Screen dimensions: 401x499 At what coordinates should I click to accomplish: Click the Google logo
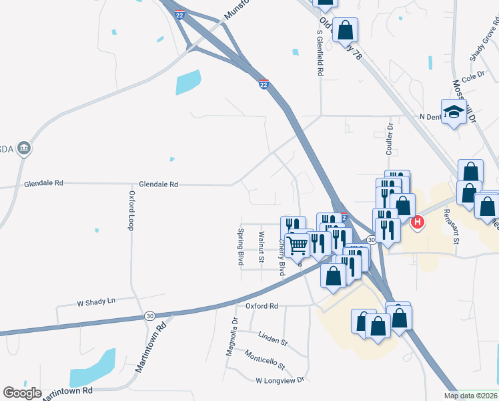(22, 393)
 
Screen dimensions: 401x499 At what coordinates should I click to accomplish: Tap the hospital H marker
(418, 222)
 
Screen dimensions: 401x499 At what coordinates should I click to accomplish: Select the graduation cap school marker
(453, 111)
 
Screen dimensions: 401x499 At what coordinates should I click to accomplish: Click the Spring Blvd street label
(240, 247)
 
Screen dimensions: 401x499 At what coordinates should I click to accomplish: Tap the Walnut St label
(262, 247)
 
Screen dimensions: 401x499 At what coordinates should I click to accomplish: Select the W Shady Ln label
(97, 301)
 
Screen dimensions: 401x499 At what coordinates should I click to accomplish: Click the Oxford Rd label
(261, 306)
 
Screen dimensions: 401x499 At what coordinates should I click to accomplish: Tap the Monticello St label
(264, 360)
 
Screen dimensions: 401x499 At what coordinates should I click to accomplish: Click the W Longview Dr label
(280, 380)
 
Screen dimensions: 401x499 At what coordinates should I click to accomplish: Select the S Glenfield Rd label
(320, 52)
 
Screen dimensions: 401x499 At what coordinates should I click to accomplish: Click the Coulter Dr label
(390, 139)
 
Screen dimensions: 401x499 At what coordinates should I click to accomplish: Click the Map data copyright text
(470, 396)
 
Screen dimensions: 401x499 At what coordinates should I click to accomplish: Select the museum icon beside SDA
(24, 148)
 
